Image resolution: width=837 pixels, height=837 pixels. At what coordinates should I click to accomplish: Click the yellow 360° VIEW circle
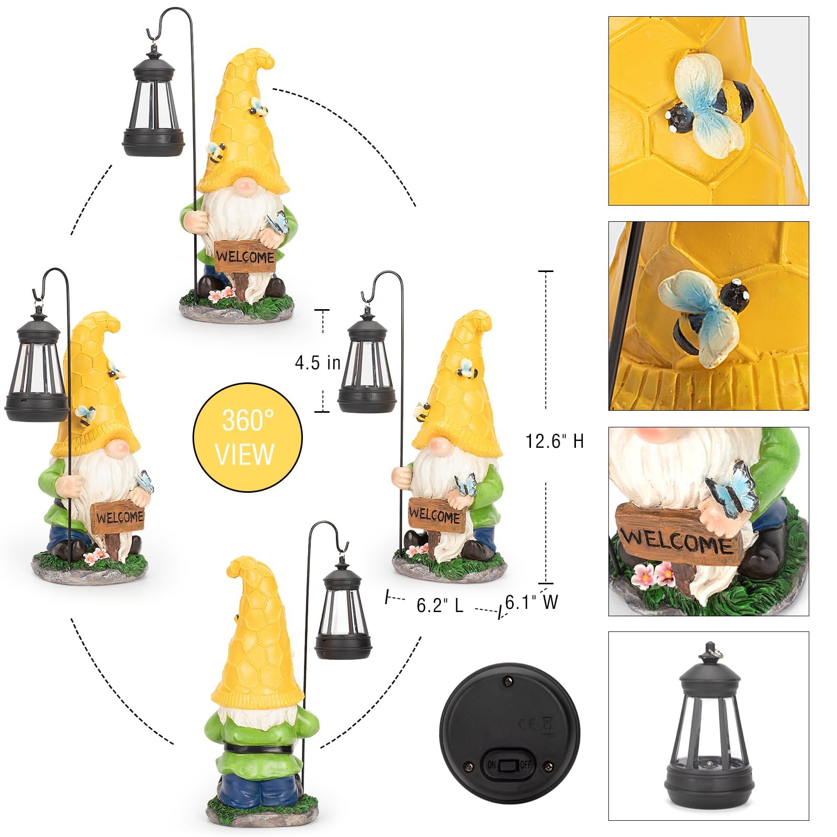coord(247,437)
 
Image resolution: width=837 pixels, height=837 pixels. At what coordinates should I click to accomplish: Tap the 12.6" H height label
coord(555,442)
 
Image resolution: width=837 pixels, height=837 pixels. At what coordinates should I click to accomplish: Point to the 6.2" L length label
coord(440,605)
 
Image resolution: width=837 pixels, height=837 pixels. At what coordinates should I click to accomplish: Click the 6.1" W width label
coord(531,602)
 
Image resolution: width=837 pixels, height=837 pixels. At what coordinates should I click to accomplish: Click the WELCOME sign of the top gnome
coord(245,257)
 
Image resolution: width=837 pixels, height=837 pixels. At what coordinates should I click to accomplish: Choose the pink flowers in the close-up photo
coord(653,574)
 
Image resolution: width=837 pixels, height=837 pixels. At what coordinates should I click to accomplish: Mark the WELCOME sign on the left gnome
coord(119,517)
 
